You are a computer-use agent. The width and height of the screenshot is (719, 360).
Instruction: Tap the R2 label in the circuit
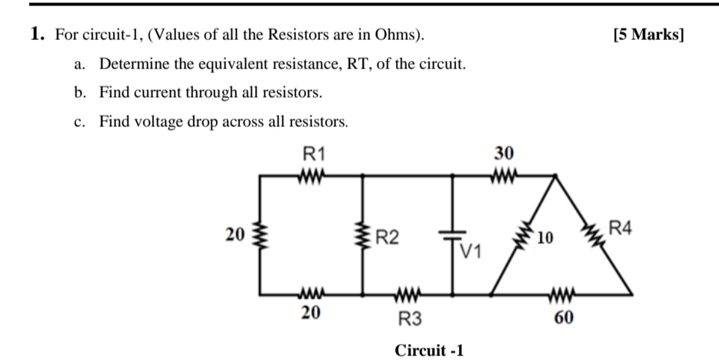387,236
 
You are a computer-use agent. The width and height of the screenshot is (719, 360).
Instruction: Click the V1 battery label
471,251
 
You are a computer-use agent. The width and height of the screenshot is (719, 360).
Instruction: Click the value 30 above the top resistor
504,153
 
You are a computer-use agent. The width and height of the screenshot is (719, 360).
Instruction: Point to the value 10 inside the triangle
545,237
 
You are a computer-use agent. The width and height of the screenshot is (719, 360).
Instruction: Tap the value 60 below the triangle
563,317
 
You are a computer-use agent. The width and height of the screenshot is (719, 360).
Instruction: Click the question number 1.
36,35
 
